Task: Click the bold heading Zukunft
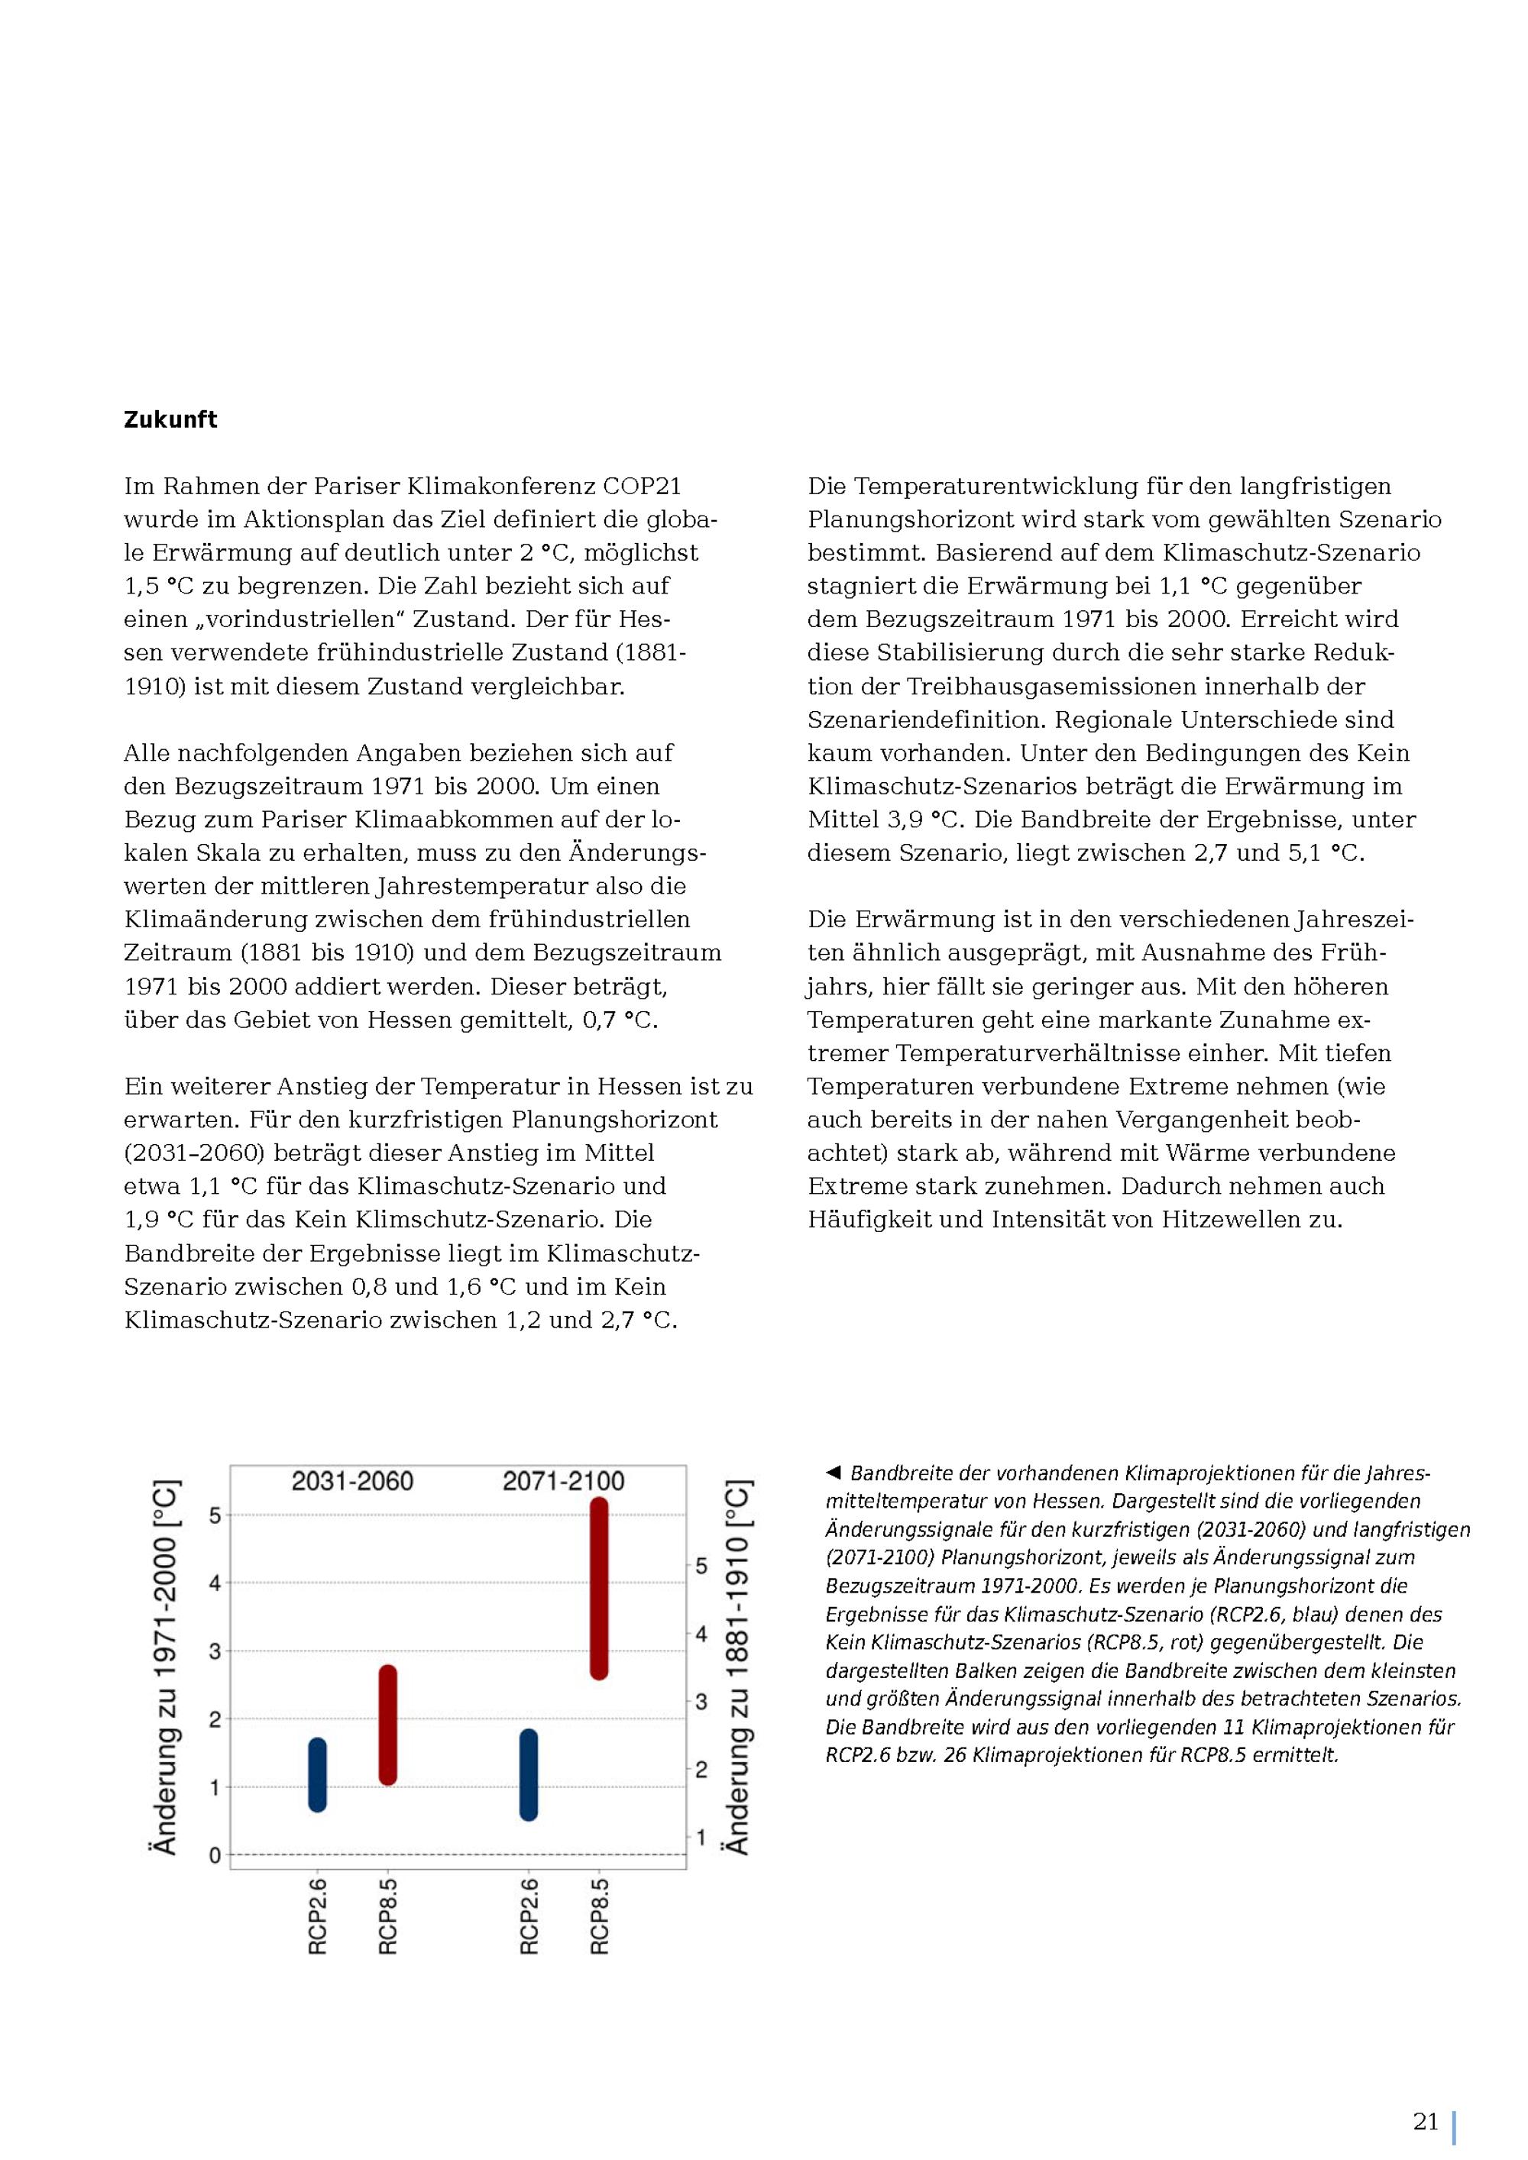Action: click(170, 419)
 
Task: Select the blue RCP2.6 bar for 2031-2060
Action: click(317, 1774)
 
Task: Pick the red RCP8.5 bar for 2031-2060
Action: click(387, 1725)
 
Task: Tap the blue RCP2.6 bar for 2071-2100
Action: click(529, 1774)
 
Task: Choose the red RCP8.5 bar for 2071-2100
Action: click(599, 1588)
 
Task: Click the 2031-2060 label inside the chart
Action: click(352, 1482)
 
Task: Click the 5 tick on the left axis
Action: click(215, 1515)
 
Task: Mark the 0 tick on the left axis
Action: click(215, 1856)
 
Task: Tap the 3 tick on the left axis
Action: click(215, 1652)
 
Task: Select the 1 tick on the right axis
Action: click(701, 1836)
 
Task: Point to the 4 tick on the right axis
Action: click(701, 1634)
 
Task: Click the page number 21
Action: click(1426, 2122)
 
